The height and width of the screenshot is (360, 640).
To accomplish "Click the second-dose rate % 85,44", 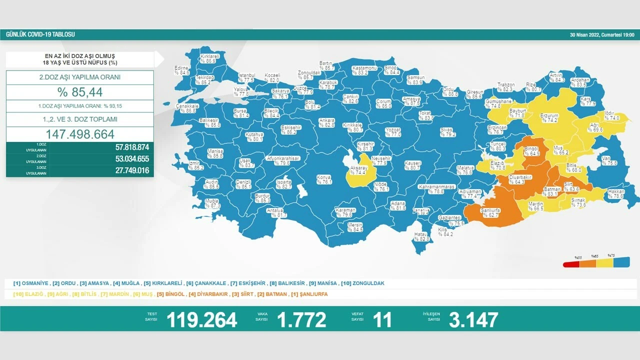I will coord(80,92).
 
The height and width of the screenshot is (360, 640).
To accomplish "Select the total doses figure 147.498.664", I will coord(80,134).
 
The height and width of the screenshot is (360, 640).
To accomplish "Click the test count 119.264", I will coord(201,320).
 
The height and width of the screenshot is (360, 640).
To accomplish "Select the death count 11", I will coord(382,320).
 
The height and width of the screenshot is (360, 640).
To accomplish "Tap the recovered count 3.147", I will coord(473,320).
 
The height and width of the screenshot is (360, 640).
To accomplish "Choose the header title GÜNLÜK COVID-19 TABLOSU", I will coord(40,34).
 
